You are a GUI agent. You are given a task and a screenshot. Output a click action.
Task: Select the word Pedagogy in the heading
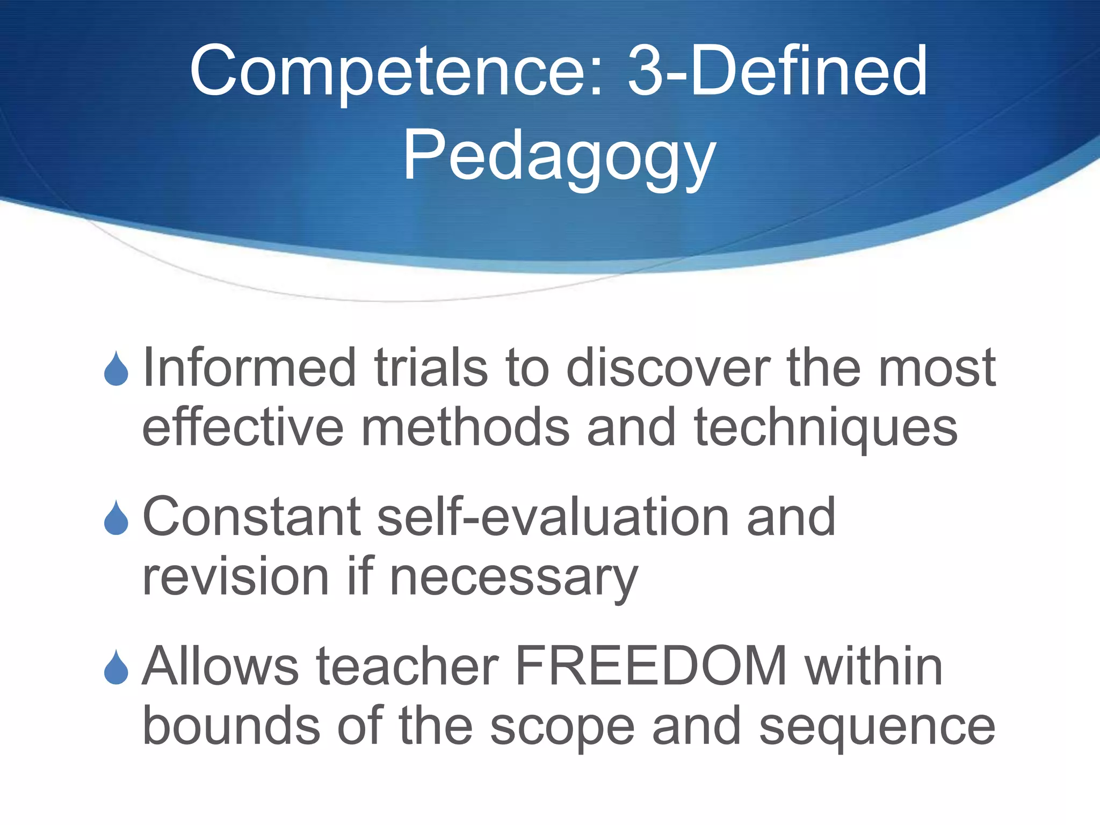[x=559, y=157]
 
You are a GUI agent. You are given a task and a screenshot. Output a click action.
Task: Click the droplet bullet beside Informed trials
[x=116, y=369]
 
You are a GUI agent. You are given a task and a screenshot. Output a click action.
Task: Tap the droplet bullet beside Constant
[x=116, y=518]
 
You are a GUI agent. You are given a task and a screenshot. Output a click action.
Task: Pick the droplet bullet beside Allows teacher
[x=116, y=667]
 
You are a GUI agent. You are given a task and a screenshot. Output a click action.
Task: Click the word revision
[x=236, y=577]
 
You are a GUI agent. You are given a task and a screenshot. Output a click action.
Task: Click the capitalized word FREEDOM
[x=650, y=667]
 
